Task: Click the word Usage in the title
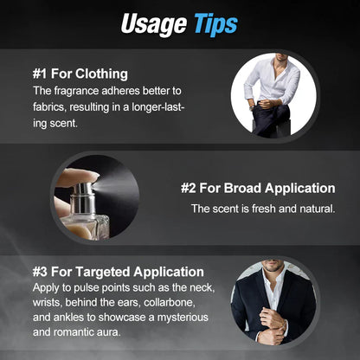(154, 25)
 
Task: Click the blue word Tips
(215, 25)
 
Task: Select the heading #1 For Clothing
(80, 74)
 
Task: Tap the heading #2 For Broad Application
(258, 188)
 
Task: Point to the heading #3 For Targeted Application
(119, 272)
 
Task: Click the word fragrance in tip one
(76, 91)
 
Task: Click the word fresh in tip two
(264, 209)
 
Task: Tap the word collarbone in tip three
(170, 302)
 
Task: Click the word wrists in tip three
(47, 302)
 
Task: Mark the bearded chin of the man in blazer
(273, 267)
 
